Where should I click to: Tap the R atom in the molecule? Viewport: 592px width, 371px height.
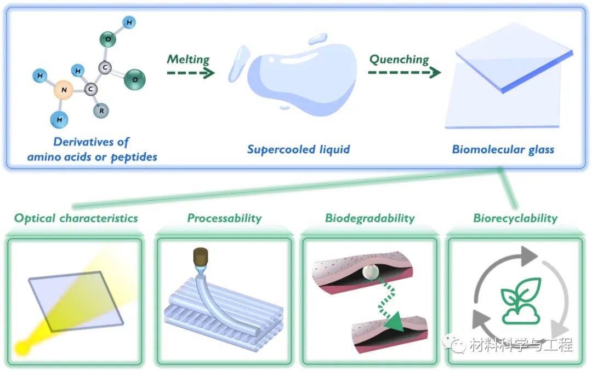(x=101, y=111)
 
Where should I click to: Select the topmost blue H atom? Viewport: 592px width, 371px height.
(x=129, y=22)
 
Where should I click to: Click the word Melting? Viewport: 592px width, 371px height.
(x=188, y=59)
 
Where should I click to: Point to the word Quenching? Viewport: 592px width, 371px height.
(x=399, y=59)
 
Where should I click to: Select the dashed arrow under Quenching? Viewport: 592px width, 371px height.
(x=404, y=73)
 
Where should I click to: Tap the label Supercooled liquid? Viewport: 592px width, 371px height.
(x=298, y=149)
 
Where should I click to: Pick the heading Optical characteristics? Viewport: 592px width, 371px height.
(x=76, y=218)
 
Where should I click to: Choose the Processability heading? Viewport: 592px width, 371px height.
(x=224, y=218)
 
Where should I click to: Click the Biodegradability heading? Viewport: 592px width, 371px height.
(x=369, y=218)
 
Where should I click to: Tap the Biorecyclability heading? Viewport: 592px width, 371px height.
(x=515, y=218)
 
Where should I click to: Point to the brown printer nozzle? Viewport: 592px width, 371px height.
(x=200, y=258)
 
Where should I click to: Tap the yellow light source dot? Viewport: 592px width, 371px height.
(x=24, y=347)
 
